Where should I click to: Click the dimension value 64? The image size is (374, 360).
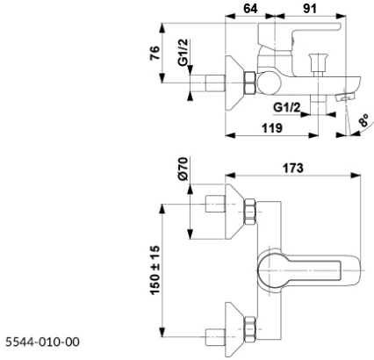tap(250, 9)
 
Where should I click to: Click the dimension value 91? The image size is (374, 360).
tap(310, 9)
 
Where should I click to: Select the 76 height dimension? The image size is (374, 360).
tap(155, 53)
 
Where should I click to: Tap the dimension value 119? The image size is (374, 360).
tap(272, 128)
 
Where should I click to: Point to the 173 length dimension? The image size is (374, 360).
tap(293, 169)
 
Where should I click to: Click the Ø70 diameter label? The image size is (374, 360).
tap(183, 169)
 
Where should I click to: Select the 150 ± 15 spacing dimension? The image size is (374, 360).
tap(155, 270)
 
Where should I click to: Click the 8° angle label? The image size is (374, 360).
tap(364, 120)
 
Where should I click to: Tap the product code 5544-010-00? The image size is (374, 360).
tap(43, 342)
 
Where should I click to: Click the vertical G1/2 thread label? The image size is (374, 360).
tap(183, 53)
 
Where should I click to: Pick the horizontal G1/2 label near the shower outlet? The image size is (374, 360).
tap(287, 108)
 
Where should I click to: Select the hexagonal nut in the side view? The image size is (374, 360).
tap(250, 83)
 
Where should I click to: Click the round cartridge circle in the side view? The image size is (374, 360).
tap(270, 83)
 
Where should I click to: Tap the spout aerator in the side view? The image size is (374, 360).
tap(346, 97)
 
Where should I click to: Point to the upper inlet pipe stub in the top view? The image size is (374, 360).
tap(216, 204)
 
